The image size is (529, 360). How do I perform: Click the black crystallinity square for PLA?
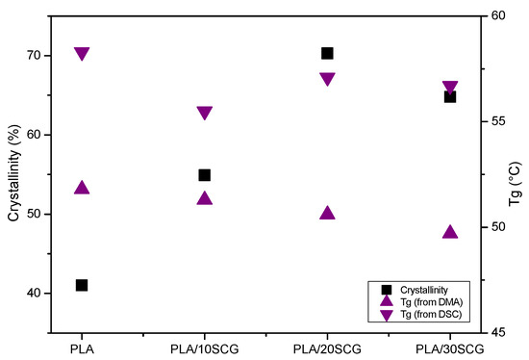coord(82,285)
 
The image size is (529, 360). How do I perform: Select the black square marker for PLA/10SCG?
coord(204,175)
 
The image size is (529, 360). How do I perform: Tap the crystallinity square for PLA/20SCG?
coord(327,54)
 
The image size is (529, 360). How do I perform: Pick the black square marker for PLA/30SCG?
coord(449,96)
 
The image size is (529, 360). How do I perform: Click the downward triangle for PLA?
coord(82,54)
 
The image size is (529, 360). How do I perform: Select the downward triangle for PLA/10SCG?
coord(204,114)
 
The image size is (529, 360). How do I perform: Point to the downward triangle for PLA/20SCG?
coord(327,80)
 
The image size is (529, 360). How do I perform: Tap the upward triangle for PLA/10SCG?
coord(204,198)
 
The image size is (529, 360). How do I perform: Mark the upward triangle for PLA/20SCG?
coord(327,213)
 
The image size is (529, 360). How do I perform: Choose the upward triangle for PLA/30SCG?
coord(449,231)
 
